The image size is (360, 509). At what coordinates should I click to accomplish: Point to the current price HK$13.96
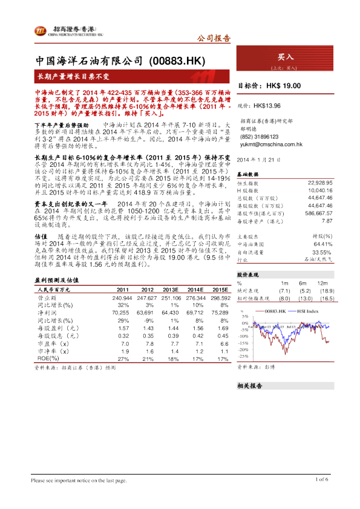(x=275, y=105)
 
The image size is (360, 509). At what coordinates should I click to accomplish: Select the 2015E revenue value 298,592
(x=220, y=298)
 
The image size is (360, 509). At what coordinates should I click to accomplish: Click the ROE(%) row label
(x=48, y=358)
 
